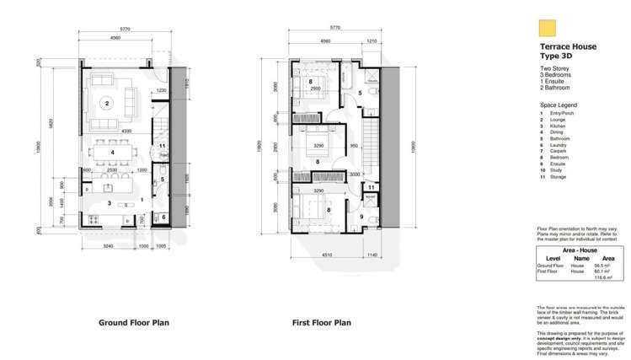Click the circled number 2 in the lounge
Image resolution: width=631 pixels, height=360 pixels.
108,104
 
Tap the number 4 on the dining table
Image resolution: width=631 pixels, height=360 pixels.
112,153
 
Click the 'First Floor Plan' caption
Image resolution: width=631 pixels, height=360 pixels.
322,322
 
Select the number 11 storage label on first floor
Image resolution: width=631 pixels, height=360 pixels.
371,187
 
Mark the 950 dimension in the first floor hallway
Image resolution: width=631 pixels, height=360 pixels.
355,146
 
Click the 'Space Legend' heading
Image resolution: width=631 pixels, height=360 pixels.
558,104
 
